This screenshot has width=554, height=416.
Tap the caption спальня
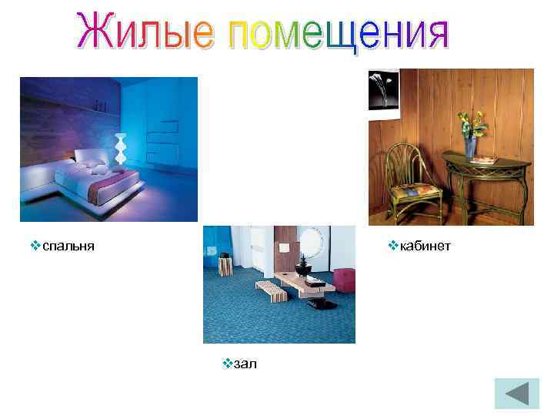68,246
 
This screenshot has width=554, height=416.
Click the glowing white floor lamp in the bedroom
120,148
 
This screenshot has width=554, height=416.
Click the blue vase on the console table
470,146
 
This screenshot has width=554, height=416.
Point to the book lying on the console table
484,160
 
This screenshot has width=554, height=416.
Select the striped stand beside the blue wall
225,266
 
